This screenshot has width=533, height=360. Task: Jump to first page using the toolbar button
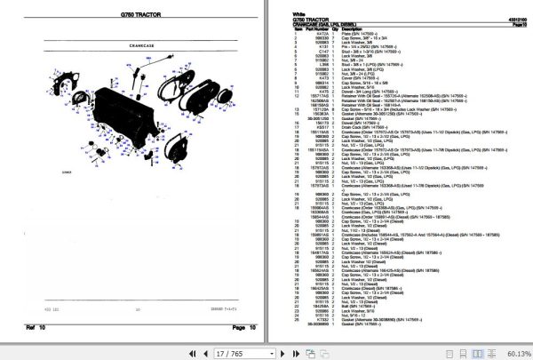(190, 352)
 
